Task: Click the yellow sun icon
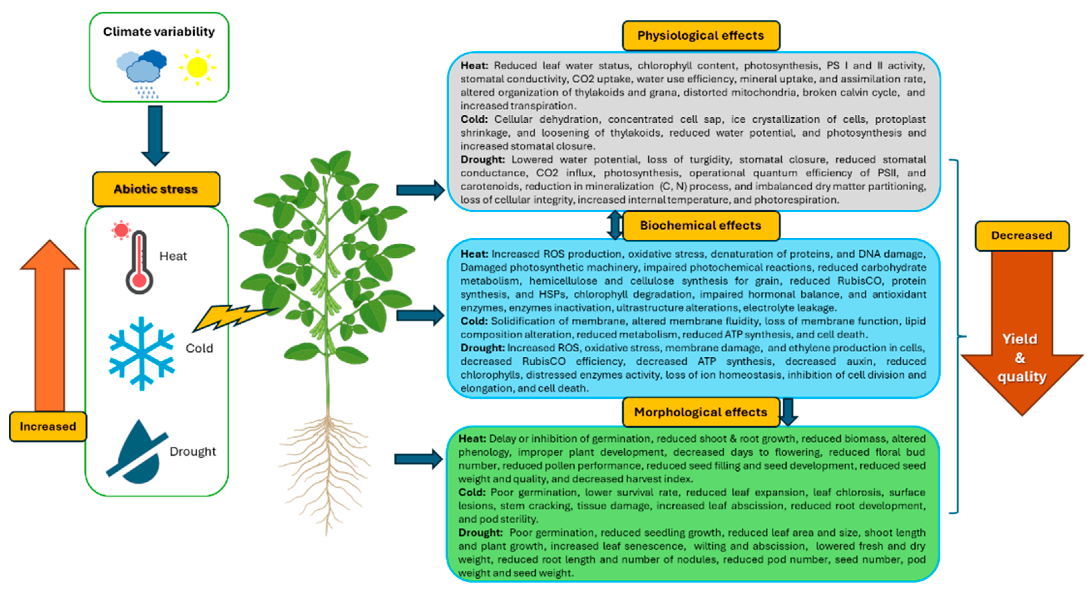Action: [197, 68]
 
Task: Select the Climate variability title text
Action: [159, 32]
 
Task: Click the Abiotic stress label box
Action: [156, 189]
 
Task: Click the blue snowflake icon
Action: [141, 353]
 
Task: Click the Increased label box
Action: [48, 426]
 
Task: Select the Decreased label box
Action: [1022, 236]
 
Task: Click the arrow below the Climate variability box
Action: [155, 135]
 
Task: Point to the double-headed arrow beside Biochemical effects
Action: [615, 225]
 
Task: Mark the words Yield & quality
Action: [1021, 358]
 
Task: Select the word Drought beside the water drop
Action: [193, 452]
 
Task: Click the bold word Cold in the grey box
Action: [473, 119]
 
